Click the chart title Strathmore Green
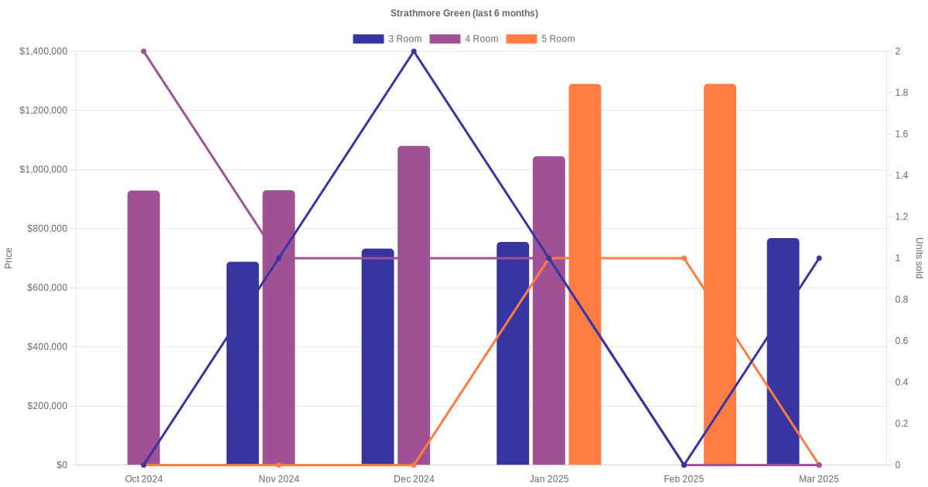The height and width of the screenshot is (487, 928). coord(464,13)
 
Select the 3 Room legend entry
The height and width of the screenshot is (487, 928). coord(387,39)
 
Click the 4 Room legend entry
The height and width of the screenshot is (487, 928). coord(463,39)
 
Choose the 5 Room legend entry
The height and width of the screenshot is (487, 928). coord(540,39)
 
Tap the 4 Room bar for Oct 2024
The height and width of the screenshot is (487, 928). coord(144,328)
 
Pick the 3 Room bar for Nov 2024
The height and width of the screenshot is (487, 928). coord(243,363)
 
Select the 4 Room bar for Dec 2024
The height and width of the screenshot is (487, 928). coord(414,305)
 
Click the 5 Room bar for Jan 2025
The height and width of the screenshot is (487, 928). coord(585,274)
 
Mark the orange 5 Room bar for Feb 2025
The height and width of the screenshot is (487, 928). coord(720,274)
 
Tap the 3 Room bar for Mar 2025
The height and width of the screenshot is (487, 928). coord(783,352)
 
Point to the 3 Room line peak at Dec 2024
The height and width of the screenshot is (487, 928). coord(414,52)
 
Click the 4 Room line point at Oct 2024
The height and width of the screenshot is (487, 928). coord(144,52)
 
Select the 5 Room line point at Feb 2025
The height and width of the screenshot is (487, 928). coord(684,258)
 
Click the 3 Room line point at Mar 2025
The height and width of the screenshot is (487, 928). coord(819,258)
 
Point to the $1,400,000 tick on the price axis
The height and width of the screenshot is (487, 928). coord(43,52)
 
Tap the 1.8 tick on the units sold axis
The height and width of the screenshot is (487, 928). coord(902,93)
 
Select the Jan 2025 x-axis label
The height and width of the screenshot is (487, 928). coord(549,479)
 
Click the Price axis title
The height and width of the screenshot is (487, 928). coord(9,258)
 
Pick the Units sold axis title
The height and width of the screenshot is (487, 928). coord(919,258)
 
